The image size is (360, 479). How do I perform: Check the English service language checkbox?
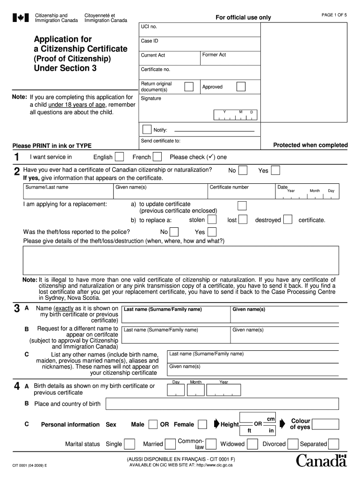[x=119, y=157]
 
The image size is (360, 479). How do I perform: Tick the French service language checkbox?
[x=158, y=157]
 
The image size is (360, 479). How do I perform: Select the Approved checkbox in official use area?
[x=241, y=87]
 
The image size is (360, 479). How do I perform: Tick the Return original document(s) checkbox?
[x=189, y=87]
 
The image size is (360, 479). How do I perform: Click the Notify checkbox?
[x=147, y=130]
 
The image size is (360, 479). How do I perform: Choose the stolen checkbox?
[x=212, y=219]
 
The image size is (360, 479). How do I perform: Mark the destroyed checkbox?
[x=288, y=219]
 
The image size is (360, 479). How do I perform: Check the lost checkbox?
[x=242, y=219]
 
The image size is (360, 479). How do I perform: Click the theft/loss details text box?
[x=181, y=260]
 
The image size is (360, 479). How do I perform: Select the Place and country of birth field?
[x=222, y=404]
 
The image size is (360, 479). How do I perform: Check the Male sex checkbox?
[x=153, y=424]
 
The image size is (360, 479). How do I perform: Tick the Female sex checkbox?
[x=202, y=424]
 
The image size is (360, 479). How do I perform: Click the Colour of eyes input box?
[x=326, y=424]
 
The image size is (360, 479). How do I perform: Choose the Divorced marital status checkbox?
[x=293, y=444]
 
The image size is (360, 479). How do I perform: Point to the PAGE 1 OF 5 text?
[x=334, y=15]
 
